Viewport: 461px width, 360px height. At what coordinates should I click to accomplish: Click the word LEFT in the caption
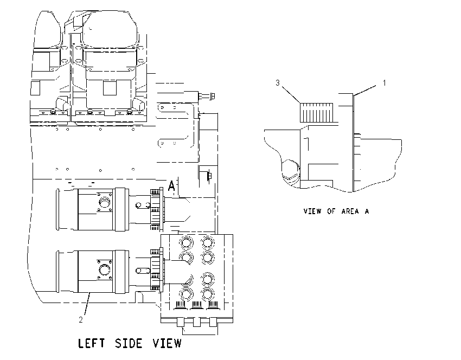click(x=91, y=343)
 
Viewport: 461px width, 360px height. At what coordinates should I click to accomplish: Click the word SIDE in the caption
click(x=128, y=343)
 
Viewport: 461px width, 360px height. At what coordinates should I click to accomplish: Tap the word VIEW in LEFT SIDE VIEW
click(x=167, y=343)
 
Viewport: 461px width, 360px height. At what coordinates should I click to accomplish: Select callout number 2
click(x=81, y=320)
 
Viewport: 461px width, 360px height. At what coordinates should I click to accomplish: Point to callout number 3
click(x=278, y=83)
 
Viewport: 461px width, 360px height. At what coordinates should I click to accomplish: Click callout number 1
click(x=384, y=83)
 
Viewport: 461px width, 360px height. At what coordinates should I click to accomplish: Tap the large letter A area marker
click(x=171, y=186)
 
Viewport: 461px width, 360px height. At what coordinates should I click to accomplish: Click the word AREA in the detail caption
click(x=350, y=211)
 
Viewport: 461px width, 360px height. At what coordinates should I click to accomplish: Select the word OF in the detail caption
click(x=331, y=211)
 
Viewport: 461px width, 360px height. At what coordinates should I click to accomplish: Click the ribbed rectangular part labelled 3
click(x=316, y=113)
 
